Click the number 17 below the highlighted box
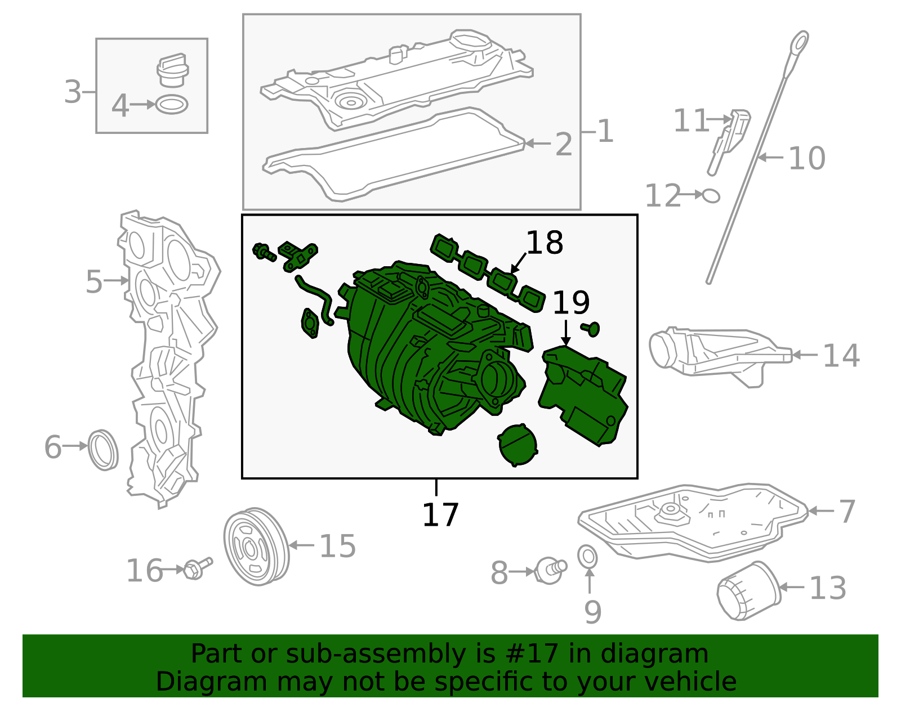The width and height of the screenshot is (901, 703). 440,514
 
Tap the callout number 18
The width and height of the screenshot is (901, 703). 544,243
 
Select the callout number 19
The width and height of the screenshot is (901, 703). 570,303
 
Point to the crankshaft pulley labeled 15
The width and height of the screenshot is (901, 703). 256,547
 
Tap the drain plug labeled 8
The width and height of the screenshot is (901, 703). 550,570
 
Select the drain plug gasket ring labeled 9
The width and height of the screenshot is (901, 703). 588,556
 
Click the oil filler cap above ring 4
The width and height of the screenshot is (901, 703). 172,71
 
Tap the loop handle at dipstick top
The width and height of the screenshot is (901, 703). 799,43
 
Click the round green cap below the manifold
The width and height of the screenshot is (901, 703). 518,444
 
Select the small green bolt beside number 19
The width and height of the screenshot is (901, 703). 591,328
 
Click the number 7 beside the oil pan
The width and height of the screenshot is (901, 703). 846,511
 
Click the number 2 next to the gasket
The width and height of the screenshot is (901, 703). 563,145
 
